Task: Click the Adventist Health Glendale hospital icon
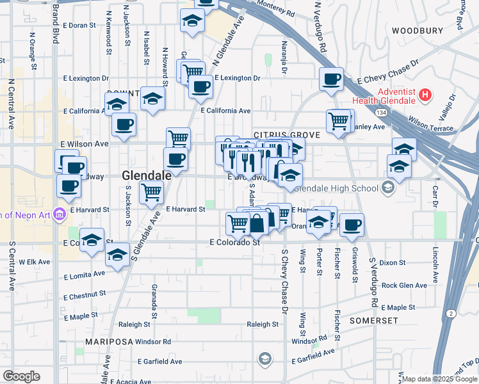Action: click(x=423, y=96)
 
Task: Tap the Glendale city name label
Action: click(x=147, y=175)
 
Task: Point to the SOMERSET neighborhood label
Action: click(x=374, y=320)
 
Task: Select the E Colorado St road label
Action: click(x=234, y=243)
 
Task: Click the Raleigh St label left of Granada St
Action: click(x=134, y=324)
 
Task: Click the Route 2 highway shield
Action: click(x=453, y=313)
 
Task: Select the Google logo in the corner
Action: click(x=21, y=376)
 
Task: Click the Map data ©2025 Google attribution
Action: click(x=439, y=379)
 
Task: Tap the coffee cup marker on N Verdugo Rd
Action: click(x=332, y=80)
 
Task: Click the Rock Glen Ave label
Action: click(x=403, y=285)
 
